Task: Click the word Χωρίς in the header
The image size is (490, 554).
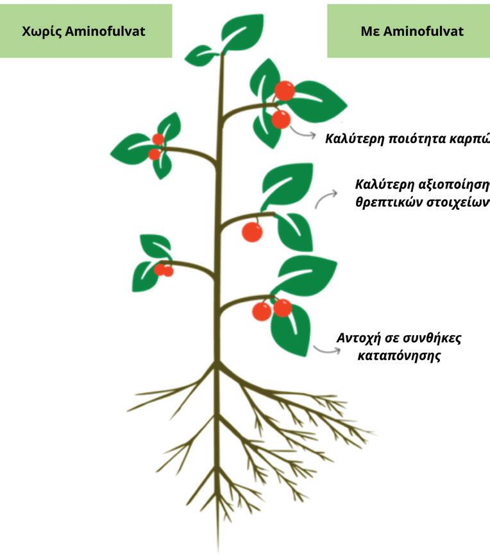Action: pyautogui.click(x=40, y=31)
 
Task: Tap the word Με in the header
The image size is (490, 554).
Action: pyautogui.click(x=369, y=31)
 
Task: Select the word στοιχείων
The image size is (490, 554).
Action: pyautogui.click(x=454, y=202)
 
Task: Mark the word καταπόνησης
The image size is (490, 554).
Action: pyautogui.click(x=399, y=356)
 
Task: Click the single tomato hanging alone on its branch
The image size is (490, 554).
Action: pyautogui.click(x=252, y=232)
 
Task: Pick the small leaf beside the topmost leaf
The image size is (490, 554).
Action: pyautogui.click(x=201, y=55)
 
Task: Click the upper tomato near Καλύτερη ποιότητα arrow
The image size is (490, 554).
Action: pyautogui.click(x=284, y=91)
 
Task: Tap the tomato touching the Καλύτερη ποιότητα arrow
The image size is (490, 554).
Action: pyautogui.click(x=280, y=119)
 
